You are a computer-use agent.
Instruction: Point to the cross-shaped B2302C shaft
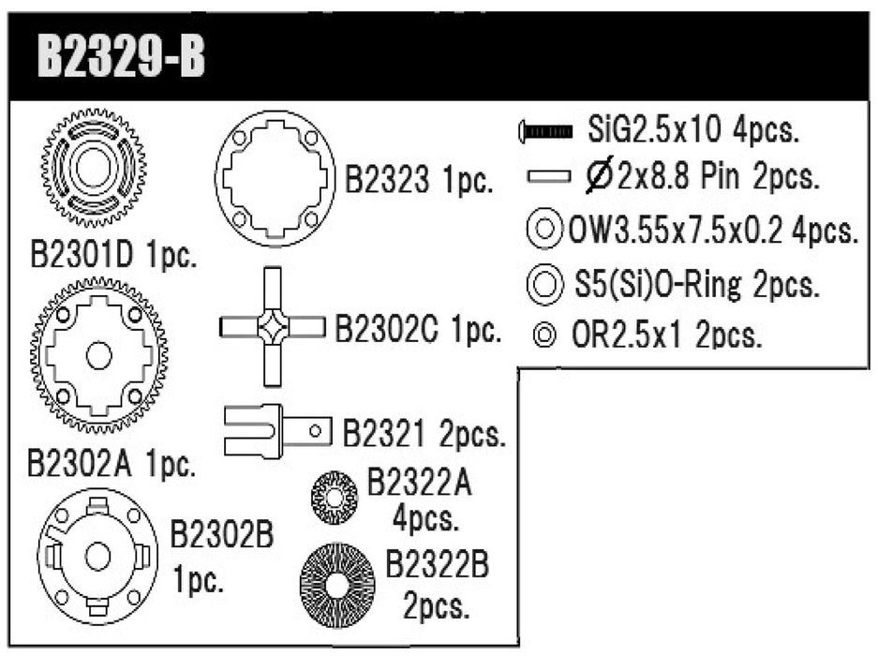click(273, 326)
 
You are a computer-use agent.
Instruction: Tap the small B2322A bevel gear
click(334, 498)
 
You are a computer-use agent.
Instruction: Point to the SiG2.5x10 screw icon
click(543, 133)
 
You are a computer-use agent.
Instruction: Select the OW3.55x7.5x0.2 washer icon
click(544, 230)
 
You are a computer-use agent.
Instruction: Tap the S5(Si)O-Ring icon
click(544, 282)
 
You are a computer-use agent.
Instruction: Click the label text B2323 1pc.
click(418, 180)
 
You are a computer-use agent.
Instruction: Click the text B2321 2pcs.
click(424, 434)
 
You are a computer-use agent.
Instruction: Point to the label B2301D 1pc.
click(113, 257)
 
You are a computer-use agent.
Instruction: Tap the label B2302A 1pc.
click(112, 462)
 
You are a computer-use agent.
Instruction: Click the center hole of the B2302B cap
click(97, 555)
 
